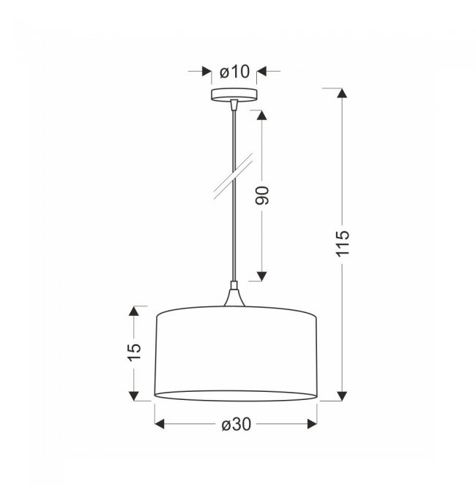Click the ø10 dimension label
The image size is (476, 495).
234,72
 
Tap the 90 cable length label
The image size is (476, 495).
262,195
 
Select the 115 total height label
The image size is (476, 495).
342,243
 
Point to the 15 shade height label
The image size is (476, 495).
134,352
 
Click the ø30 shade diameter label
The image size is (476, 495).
237,424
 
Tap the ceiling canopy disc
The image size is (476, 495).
234,94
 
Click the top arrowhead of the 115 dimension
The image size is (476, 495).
342,94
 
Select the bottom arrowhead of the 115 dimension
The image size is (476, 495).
342,396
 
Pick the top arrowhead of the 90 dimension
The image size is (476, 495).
261,116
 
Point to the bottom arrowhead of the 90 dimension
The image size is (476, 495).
261,276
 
